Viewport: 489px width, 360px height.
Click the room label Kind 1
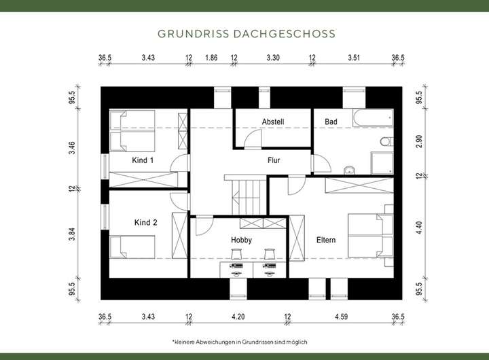143,160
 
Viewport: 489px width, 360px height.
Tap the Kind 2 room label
145,222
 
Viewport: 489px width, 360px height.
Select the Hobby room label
241,240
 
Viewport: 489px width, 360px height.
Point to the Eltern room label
326,240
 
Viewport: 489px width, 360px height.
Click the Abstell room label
273,122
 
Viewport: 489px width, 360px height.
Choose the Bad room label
331,122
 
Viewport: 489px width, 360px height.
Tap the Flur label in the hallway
274,160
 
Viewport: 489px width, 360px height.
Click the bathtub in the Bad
373,118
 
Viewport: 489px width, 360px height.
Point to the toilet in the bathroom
386,142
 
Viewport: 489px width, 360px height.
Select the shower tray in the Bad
382,163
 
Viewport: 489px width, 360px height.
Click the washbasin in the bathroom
350,170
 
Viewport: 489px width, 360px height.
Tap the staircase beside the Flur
245,195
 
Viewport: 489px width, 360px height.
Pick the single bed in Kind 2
132,247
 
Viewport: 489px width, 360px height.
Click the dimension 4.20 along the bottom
238,317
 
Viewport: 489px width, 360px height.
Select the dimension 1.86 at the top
211,58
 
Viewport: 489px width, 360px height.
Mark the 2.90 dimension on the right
419,141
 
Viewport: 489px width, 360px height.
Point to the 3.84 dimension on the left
72,234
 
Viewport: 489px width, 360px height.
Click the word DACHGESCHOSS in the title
284,34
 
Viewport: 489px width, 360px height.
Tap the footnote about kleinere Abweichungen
240,342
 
